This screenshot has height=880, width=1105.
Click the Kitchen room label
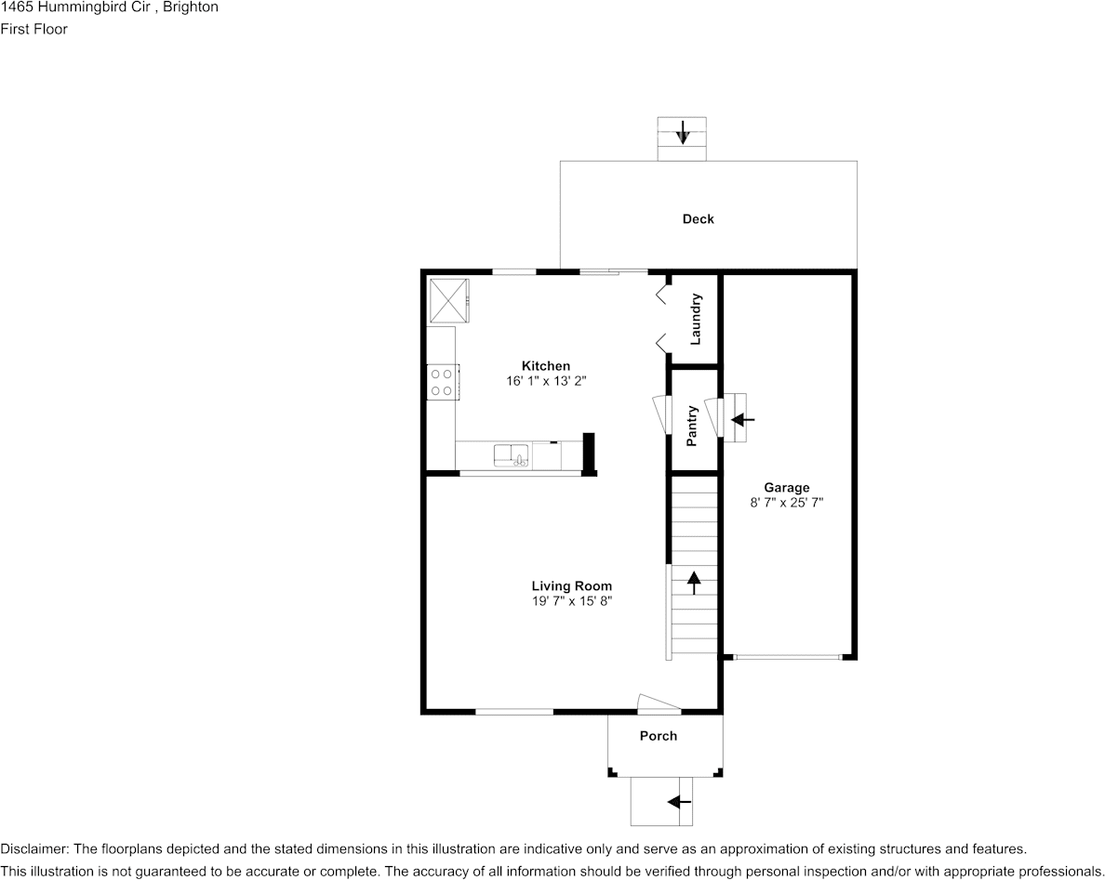coord(545,366)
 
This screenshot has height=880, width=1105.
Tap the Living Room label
coord(571,585)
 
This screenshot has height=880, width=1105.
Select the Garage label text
coord(787,487)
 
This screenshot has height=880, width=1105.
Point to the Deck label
coord(698,219)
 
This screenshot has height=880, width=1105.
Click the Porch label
coord(659,736)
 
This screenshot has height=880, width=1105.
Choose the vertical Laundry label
coord(696,320)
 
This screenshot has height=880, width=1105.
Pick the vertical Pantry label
coord(692,426)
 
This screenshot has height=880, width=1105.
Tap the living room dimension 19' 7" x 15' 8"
coord(571,601)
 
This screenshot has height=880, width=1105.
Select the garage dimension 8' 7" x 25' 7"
coord(787,503)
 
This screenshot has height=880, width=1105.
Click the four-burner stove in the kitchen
coord(443,382)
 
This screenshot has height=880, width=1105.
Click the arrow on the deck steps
coord(682,132)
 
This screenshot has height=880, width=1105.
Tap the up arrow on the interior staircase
coord(694,583)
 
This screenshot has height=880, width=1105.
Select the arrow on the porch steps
coord(679,802)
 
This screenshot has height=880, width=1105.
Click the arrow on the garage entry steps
coord(742,420)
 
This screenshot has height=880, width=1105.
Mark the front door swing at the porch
coord(659,703)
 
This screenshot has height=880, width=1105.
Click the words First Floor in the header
coord(33,29)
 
